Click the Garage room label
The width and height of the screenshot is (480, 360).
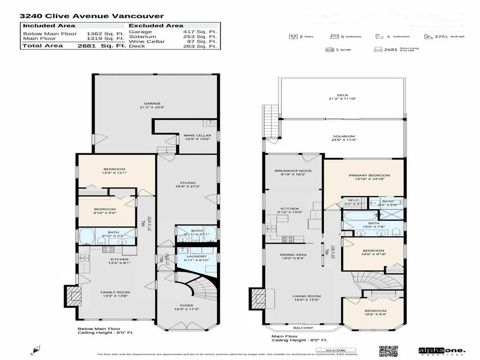[x=152, y=104]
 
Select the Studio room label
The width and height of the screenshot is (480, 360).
[x=187, y=183]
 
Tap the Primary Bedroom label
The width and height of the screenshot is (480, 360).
[x=369, y=175]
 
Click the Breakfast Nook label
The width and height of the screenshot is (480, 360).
[x=293, y=171]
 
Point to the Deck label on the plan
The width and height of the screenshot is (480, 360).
[x=343, y=95]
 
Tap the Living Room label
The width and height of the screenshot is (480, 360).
[x=307, y=296]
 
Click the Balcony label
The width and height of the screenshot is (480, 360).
[x=303, y=328]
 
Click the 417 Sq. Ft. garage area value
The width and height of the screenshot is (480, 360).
[x=206, y=32]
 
